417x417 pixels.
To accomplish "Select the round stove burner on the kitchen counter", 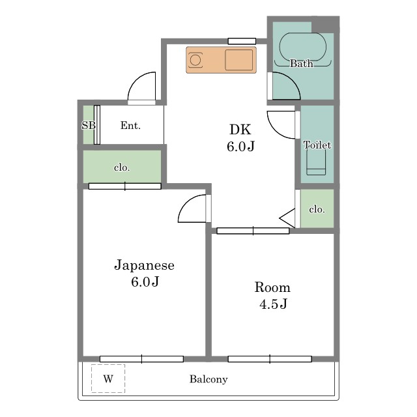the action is (195, 60).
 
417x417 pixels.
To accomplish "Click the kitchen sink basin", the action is (239, 60).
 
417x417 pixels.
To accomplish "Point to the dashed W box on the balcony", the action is (108, 378).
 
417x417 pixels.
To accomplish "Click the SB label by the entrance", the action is (89, 125).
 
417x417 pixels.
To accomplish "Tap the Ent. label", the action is (130, 125).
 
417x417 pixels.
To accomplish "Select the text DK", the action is (240, 130).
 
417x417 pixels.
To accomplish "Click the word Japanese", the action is (144, 265).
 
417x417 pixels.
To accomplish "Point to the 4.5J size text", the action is (273, 304).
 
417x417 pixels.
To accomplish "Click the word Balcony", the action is (208, 379).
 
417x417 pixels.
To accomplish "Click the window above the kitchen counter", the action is (242, 41).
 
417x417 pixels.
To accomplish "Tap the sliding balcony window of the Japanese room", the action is (141, 359).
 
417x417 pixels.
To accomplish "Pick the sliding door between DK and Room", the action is (253, 231).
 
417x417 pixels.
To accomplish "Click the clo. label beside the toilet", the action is (317, 210).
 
